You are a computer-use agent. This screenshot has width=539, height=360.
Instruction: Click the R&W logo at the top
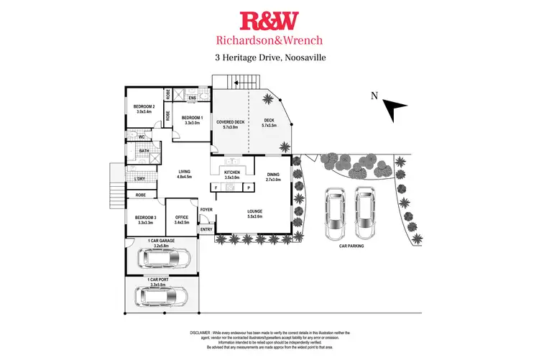[x=269, y=19]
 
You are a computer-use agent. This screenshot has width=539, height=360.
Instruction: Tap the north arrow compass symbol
[x=393, y=109]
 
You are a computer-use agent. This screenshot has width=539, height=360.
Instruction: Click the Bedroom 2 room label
[x=144, y=109]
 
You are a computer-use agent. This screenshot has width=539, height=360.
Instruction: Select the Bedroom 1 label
[x=192, y=120]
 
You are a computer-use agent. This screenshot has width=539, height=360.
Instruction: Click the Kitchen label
[x=231, y=175]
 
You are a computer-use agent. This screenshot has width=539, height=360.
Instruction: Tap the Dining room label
[x=273, y=177]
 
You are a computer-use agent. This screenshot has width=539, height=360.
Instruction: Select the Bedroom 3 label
[x=145, y=219]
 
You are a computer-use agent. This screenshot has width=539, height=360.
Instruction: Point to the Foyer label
[x=206, y=210]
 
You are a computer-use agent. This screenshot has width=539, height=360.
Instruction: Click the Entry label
[x=206, y=229]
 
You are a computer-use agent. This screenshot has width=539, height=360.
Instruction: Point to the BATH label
[x=134, y=151]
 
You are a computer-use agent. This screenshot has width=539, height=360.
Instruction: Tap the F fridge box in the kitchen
[x=216, y=188]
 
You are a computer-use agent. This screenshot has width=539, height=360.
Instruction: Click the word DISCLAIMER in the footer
[x=201, y=333]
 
